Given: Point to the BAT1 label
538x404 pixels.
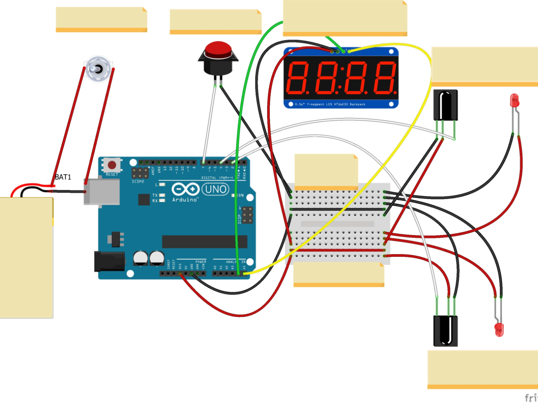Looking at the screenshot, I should pyautogui.click(x=63, y=177).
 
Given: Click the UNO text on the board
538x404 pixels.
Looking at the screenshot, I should pyautogui.click(x=217, y=190).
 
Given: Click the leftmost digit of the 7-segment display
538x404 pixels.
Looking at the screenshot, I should pyautogui.click(x=299, y=77).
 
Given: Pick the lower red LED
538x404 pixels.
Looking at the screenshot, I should pyautogui.click(x=499, y=330).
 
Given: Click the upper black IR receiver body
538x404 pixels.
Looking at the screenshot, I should pyautogui.click(x=445, y=105).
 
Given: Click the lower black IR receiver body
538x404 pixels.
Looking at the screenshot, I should pyautogui.click(x=445, y=330).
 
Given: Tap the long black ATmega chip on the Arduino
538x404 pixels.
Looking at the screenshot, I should pyautogui.click(x=204, y=241).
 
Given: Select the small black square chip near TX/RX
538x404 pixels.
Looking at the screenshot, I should pyautogui.click(x=144, y=199).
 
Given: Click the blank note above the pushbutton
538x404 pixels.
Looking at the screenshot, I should pyautogui.click(x=215, y=21).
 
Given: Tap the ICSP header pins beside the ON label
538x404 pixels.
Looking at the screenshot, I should pyautogui.click(x=246, y=216).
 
